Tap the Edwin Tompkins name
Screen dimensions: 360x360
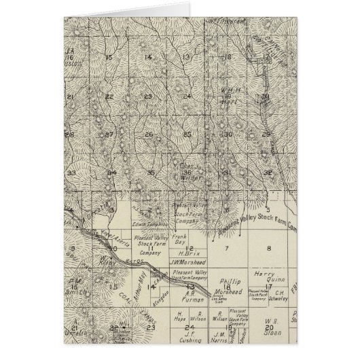click(x=150, y=226)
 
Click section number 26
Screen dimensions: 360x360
click(x=148, y=134)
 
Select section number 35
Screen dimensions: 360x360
click(x=151, y=173)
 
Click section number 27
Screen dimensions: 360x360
click(x=109, y=134)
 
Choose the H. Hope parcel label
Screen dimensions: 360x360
click(x=154, y=317)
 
